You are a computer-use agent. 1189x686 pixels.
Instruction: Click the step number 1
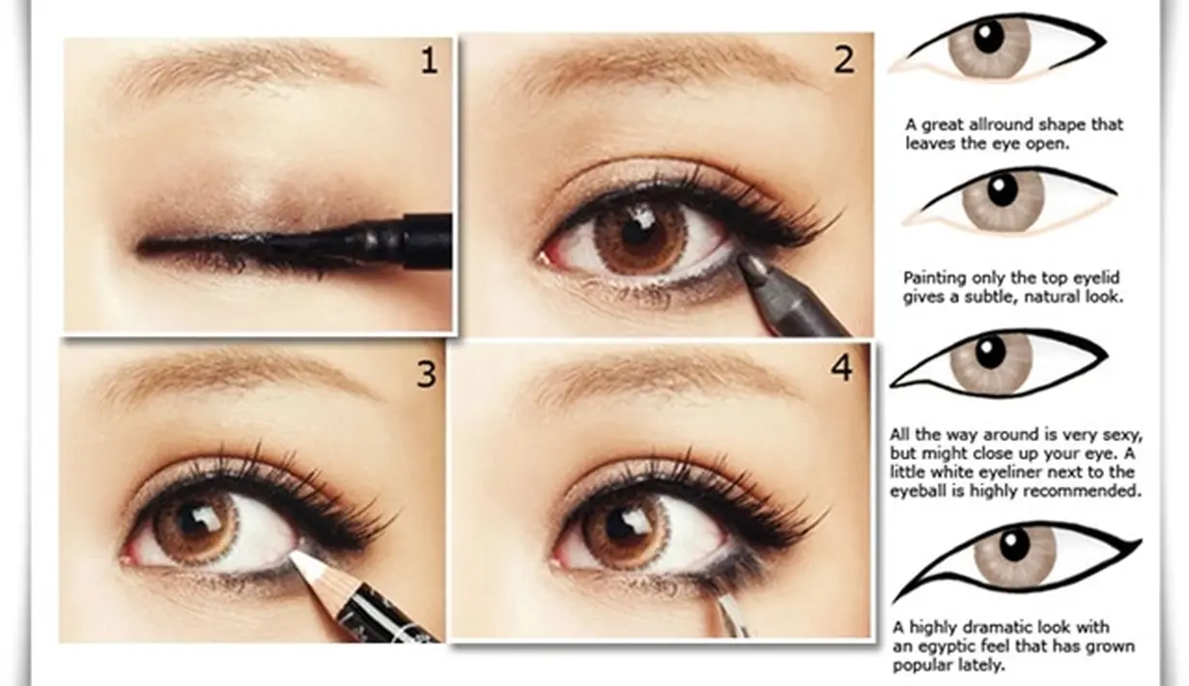429,61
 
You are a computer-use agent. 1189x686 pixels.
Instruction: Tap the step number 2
844,60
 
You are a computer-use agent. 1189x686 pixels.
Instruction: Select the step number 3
426,374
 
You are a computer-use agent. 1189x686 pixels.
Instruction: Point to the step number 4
841,367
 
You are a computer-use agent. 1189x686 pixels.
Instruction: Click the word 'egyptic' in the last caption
948,647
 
